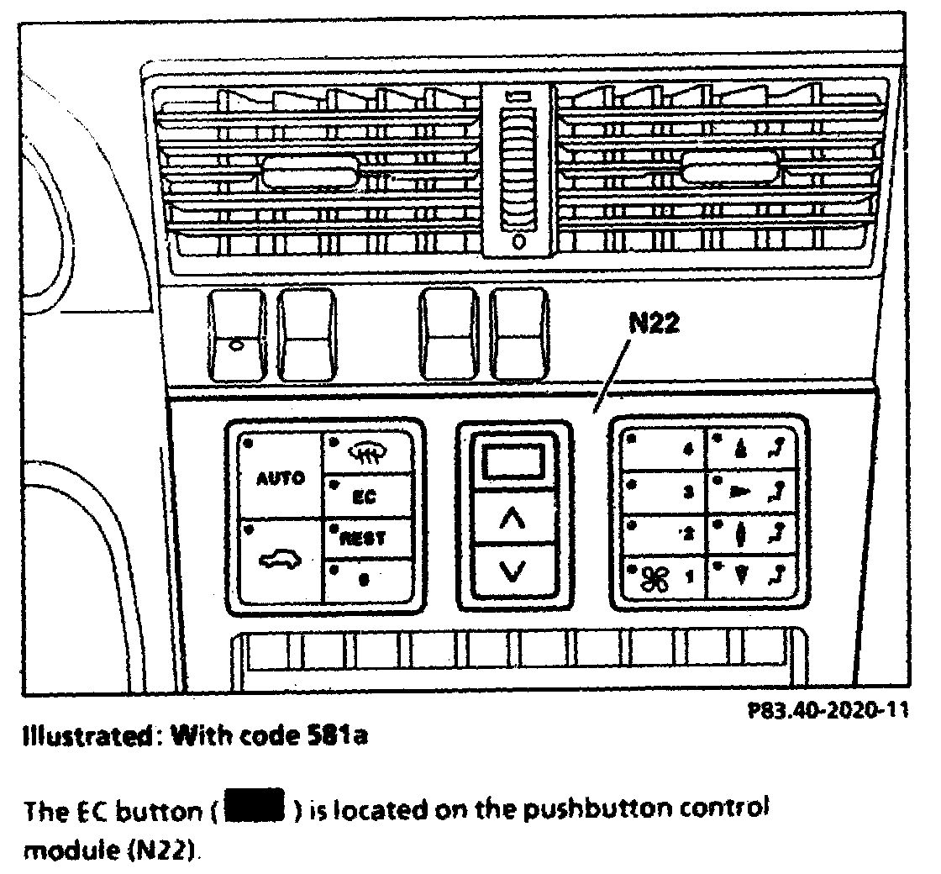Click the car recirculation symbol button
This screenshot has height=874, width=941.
click(280, 559)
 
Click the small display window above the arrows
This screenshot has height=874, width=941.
click(513, 461)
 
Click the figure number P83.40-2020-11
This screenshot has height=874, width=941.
click(828, 711)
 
